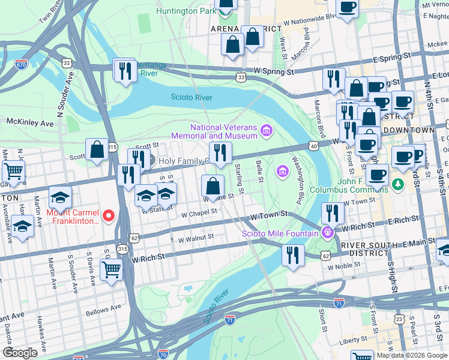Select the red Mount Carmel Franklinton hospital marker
tap(109, 215)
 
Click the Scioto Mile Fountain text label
tap(280, 233)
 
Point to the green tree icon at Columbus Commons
tap(396, 182)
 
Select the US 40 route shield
tap(313, 145)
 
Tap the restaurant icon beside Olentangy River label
tap(125, 71)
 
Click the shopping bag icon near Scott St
tap(97, 150)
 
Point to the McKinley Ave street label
tap(30, 122)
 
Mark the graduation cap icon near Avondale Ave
tap(23, 226)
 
